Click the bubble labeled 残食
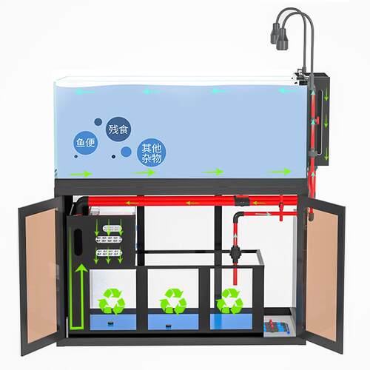[118, 129]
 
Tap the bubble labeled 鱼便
[85, 143]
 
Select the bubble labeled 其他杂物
[151, 152]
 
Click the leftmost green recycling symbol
[112, 301]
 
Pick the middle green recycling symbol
[173, 301]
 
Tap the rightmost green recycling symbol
[229, 301]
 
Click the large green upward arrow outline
[78, 297]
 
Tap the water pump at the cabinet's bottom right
[276, 326]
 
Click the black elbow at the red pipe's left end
[81, 205]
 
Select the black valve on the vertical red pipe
[235, 254]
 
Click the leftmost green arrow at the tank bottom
[81, 174]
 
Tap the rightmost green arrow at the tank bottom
[280, 172]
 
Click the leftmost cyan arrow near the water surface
[85, 92]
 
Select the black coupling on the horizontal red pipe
[241, 201]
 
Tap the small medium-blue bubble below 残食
[126, 152]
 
